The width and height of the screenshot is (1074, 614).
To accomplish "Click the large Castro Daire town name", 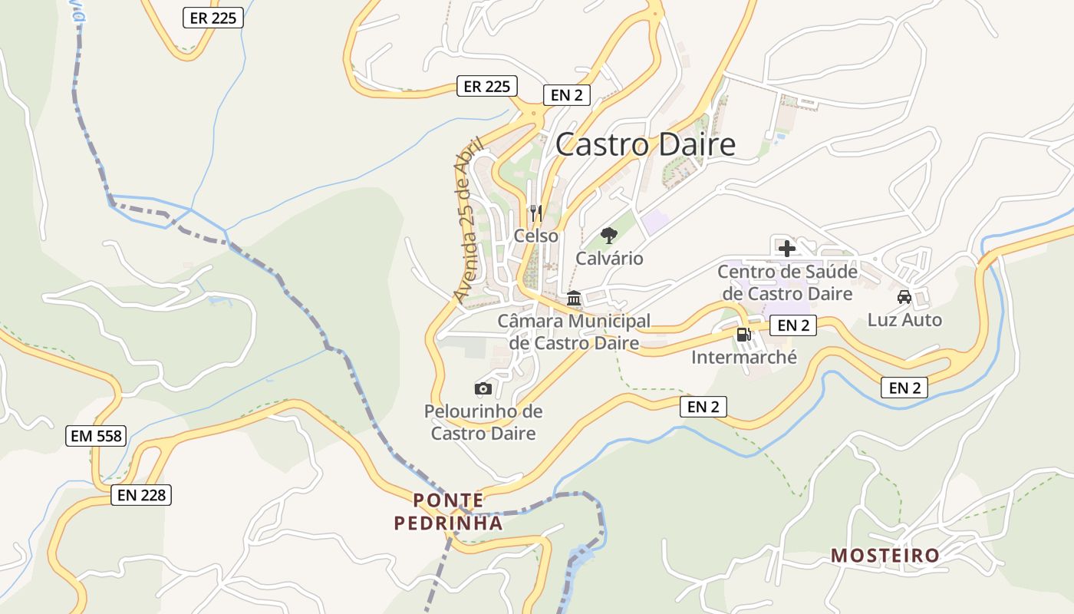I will click(x=645, y=144).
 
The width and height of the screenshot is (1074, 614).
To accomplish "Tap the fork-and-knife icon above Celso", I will click(x=536, y=212).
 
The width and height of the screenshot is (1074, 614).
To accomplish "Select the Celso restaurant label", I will click(x=536, y=236).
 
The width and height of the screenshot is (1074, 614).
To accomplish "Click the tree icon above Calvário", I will click(x=609, y=235).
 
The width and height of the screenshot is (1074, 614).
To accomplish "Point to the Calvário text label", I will click(x=609, y=259).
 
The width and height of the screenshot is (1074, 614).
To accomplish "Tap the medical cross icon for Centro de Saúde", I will click(x=786, y=248).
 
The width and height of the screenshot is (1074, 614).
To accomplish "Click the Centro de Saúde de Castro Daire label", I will click(x=787, y=282).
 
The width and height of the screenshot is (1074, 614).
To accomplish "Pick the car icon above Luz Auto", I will click(x=904, y=296).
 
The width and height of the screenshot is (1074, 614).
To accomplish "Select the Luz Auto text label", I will click(x=904, y=319).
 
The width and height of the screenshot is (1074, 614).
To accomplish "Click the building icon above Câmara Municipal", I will click(x=574, y=299).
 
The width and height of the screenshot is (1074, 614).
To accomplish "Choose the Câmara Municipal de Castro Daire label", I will click(x=574, y=332).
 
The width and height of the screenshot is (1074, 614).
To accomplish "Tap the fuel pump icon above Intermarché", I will click(x=743, y=334).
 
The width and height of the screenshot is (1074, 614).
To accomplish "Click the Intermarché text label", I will click(x=744, y=357).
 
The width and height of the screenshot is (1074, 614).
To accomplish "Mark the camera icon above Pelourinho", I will click(x=483, y=388).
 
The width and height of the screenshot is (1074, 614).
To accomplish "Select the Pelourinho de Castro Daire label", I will click(x=483, y=422).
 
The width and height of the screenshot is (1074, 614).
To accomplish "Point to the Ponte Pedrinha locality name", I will click(x=449, y=512).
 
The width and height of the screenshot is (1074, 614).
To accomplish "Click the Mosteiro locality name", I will click(x=885, y=555).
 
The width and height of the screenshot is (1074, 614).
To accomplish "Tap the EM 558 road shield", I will click(x=96, y=436).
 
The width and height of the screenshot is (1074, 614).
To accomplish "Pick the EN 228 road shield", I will click(x=141, y=495).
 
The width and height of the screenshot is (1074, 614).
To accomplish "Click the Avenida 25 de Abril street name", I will click(x=469, y=220).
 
